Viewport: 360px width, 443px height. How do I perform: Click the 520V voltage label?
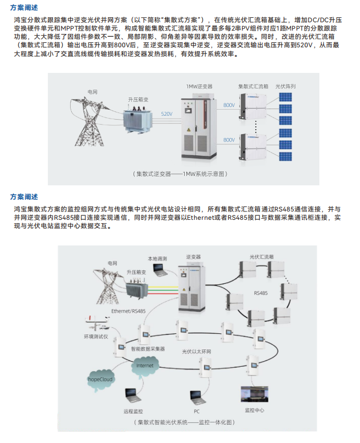coord(167,114)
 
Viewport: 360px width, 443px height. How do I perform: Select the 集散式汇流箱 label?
coord(253,86)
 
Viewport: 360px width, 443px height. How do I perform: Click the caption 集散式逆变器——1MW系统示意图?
coord(180,174)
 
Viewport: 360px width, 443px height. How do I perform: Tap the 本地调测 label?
coord(157,259)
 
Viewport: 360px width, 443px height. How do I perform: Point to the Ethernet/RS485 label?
coord(129,311)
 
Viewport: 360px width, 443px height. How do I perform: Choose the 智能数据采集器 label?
coord(148,349)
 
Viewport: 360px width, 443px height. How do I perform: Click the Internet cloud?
coord(145,366)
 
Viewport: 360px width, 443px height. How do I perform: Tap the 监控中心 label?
coord(254,410)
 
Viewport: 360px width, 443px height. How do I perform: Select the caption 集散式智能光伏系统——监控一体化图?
coord(185,422)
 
